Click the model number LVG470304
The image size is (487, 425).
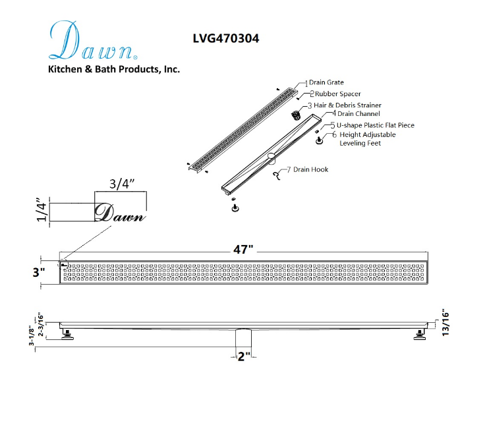point(226,38)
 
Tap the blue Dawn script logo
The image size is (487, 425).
point(92,40)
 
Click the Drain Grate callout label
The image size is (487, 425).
point(326,82)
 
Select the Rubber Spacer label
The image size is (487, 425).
point(337,94)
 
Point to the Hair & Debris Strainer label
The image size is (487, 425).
point(347,105)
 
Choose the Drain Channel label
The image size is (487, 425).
point(358,114)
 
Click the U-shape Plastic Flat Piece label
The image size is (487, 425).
point(376,125)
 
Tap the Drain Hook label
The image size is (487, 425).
point(310,169)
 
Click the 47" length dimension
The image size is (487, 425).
point(243,249)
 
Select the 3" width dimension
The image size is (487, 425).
point(39,272)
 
